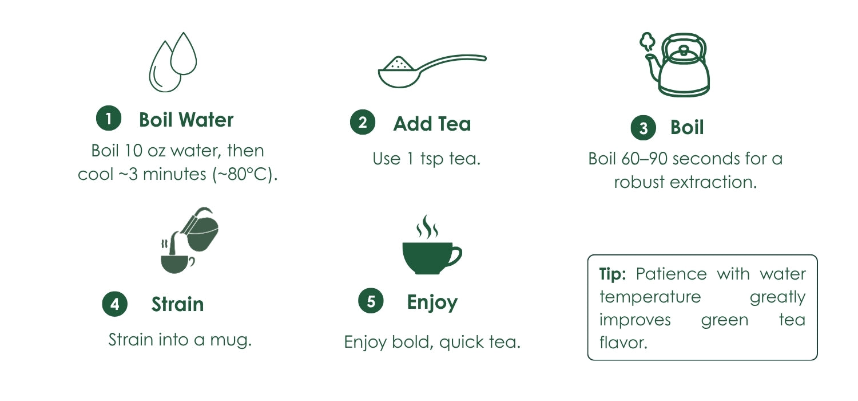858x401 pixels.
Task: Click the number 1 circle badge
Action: pyautogui.click(x=109, y=118)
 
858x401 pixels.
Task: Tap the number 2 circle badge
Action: pyautogui.click(x=362, y=123)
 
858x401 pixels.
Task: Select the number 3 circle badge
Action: pyautogui.click(x=643, y=128)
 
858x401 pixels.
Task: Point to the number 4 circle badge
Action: pyautogui.click(x=114, y=304)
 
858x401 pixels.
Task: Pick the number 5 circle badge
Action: pyautogui.click(x=371, y=301)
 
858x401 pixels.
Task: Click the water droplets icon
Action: pyautogui.click(x=173, y=62)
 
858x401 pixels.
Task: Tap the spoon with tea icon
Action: pyautogui.click(x=432, y=72)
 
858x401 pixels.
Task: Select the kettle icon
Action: pyautogui.click(x=676, y=65)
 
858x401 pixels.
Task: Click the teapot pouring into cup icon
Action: pyautogui.click(x=189, y=240)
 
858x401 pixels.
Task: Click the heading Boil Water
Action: pyautogui.click(x=186, y=120)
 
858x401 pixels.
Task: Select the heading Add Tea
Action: pyautogui.click(x=432, y=124)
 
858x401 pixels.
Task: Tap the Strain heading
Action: pyautogui.click(x=178, y=304)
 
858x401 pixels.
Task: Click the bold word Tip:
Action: pyautogui.click(x=613, y=274)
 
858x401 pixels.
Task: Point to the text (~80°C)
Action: pyautogui.click(x=245, y=175)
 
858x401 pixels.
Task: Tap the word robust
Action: pyautogui.click(x=639, y=182)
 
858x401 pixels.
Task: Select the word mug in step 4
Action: pyautogui.click(x=231, y=340)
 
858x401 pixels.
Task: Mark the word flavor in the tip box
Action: pyautogui.click(x=623, y=343)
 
